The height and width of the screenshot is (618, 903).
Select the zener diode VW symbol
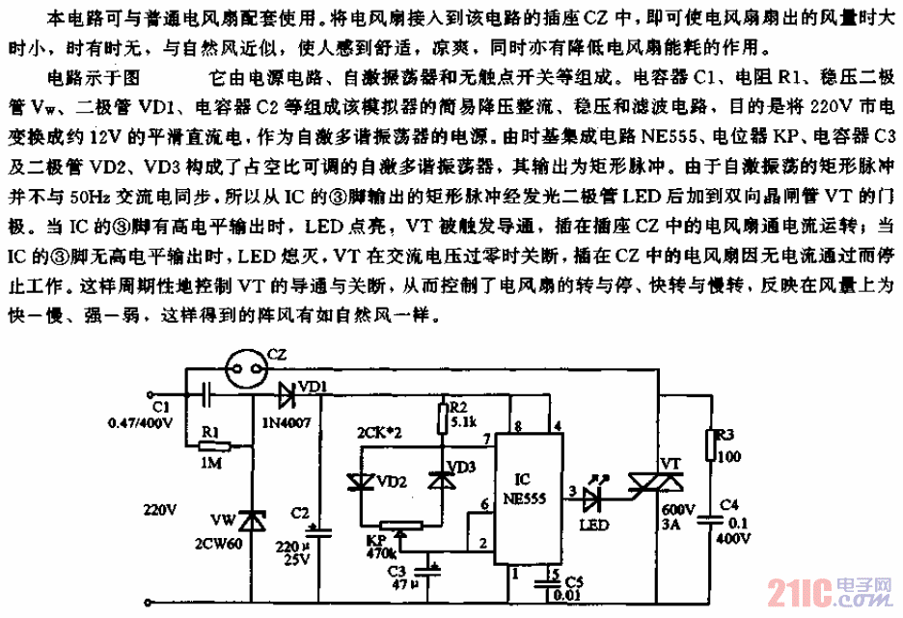pos(253,521)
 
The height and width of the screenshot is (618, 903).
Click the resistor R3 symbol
pos(713,444)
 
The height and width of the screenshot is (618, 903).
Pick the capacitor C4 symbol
pos(713,520)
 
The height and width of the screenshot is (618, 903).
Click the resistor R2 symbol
pos(443,417)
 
